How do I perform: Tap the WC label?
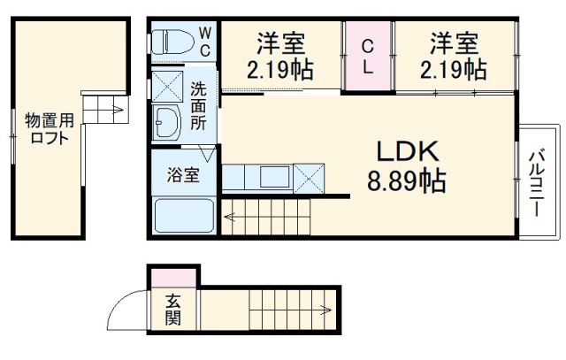point(204,42)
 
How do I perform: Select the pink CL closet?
point(368,56)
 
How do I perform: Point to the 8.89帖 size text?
point(407,182)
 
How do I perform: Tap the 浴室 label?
point(184,173)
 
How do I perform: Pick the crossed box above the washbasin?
point(166,88)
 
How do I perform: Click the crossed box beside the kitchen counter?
point(309,178)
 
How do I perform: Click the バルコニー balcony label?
point(536,185)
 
